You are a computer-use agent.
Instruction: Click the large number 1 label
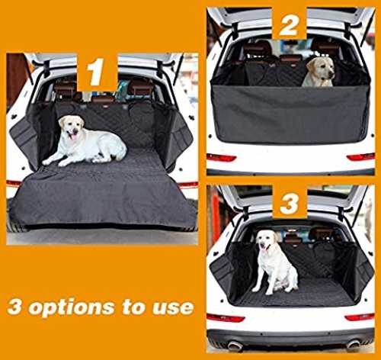coord(95,72)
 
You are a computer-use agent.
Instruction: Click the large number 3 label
coord(290,203)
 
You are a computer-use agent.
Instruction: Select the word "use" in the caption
coord(173,307)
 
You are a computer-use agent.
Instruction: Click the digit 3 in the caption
coord(15,307)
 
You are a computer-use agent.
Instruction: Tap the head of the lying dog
coord(72,127)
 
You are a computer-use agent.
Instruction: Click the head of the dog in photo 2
coord(322,67)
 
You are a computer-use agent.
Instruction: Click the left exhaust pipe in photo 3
coord(235,345)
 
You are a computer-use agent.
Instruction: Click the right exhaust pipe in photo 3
coord(354,344)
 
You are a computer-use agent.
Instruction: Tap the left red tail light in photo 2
coord(221,158)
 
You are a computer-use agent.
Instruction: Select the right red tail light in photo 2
coord(360,157)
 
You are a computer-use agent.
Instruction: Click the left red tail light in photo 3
coord(226,318)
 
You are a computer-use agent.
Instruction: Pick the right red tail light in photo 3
coord(360,317)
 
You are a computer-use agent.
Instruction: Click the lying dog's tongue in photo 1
coord(73,137)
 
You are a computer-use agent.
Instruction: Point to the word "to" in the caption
coord(133,307)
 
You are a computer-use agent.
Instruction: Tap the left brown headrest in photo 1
coord(65,89)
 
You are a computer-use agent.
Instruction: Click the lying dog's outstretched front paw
coord(47,162)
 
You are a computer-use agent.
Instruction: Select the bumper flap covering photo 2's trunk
coord(290,114)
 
